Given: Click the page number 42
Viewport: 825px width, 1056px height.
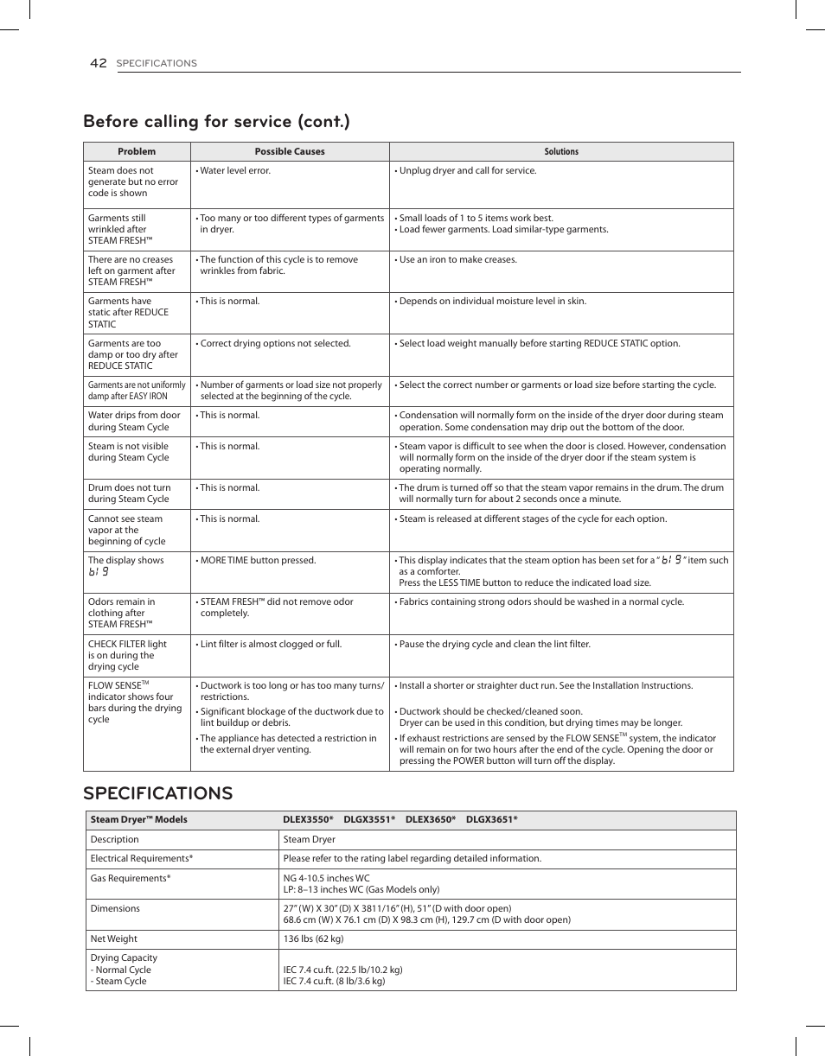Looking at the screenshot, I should point(98,63).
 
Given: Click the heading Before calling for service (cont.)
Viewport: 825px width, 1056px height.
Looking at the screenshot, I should point(216,121).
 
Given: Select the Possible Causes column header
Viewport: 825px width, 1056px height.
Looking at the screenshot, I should point(290,151).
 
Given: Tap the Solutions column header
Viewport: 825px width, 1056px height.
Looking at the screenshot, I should point(561,151).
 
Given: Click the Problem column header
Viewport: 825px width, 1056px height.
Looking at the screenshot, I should point(137,151).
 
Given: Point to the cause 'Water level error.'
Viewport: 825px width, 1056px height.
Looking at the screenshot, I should point(234,171).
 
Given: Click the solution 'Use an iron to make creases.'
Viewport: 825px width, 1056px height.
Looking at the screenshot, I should point(457,259).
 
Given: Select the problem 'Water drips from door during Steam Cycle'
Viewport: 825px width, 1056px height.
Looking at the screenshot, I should point(134,421).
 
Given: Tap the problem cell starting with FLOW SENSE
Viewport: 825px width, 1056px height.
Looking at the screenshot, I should point(134,702).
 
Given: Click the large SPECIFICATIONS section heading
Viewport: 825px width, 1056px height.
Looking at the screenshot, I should point(158,793).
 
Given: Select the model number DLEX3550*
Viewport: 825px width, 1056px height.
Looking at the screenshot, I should point(308,820).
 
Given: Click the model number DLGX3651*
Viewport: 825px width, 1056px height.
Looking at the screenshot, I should point(491,820).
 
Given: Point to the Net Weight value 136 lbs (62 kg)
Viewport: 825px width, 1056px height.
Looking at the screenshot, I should point(313,939).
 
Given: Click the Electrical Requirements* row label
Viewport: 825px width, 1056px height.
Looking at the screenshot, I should point(141,859).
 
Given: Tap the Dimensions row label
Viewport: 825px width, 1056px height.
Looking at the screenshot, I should point(115,909).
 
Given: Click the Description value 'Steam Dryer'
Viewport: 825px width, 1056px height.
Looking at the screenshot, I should point(309,840).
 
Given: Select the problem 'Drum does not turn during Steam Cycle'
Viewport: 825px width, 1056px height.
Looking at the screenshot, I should point(130,493).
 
